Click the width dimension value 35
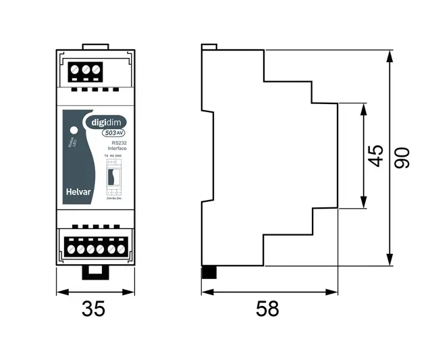pos(94,309)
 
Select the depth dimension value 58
pos(267,309)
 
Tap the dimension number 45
pos(377,155)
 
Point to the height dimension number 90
pos(403,159)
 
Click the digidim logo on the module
pos(105,122)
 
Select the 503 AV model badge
pos(111,133)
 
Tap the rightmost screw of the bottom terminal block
pos(121,249)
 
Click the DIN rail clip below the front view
pos(94,272)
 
